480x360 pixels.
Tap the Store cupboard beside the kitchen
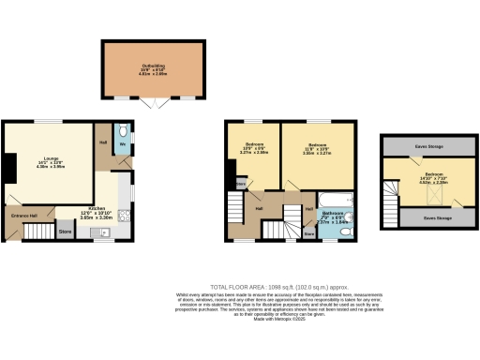click(x=66, y=230)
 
